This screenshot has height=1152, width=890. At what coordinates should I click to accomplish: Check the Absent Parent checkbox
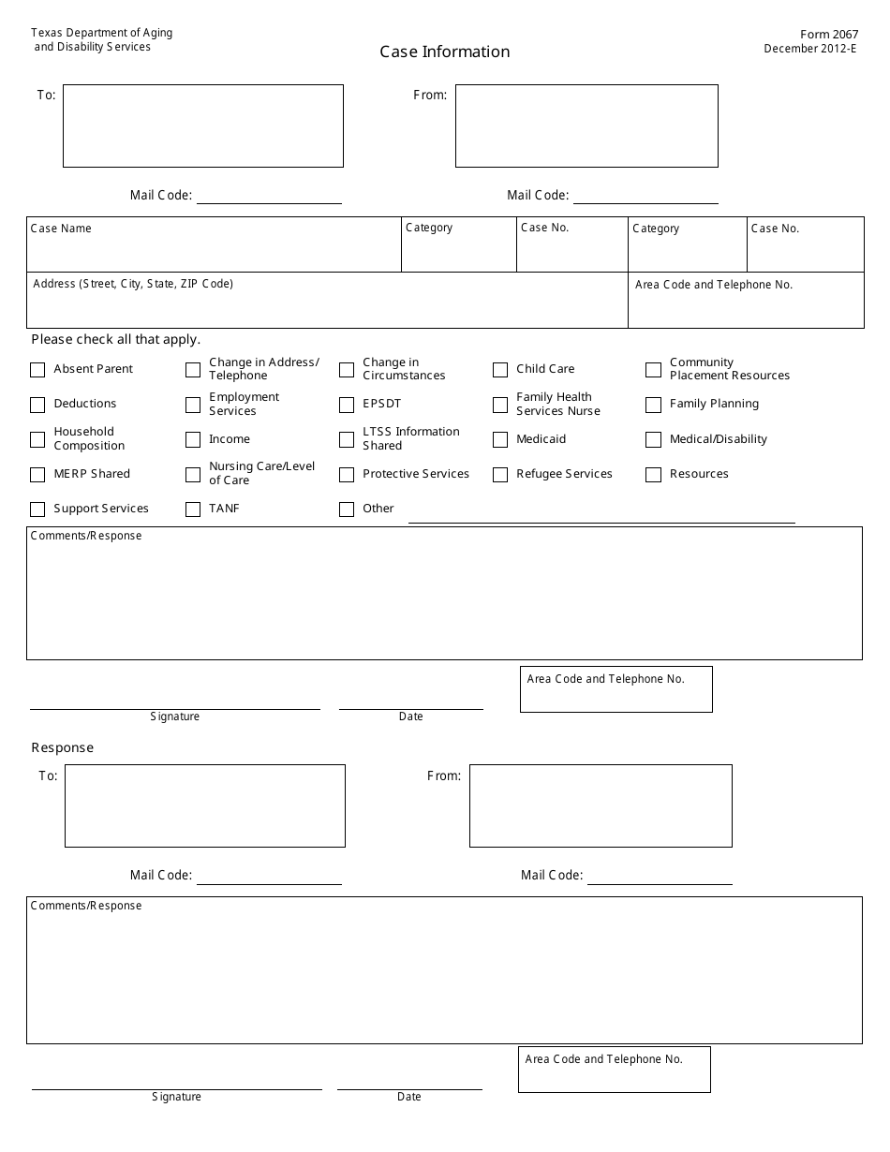pyautogui.click(x=37, y=370)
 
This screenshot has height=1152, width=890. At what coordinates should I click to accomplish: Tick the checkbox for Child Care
pyautogui.click(x=500, y=370)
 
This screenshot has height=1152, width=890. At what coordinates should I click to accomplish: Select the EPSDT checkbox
pyautogui.click(x=347, y=405)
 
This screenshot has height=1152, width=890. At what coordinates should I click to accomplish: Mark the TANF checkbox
pyautogui.click(x=193, y=510)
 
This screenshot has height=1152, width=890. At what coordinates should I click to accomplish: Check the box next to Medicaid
pyautogui.click(x=500, y=439)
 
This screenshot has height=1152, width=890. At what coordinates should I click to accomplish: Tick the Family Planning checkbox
pyautogui.click(x=653, y=405)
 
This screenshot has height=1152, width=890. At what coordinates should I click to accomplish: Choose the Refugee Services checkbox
pyautogui.click(x=500, y=475)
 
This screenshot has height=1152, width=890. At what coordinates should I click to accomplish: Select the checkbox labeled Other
pyautogui.click(x=347, y=510)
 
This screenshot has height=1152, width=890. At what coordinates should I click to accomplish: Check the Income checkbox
pyautogui.click(x=193, y=439)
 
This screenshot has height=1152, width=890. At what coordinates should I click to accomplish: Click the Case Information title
pyautogui.click(x=445, y=52)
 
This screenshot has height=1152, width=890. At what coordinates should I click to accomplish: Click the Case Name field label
pyautogui.click(x=61, y=229)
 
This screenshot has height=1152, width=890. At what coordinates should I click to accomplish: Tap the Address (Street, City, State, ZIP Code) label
pyautogui.click(x=133, y=284)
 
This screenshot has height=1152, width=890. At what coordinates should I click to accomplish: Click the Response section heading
pyautogui.click(x=63, y=747)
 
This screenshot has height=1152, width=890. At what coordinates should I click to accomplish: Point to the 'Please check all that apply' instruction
pyautogui.click(x=116, y=340)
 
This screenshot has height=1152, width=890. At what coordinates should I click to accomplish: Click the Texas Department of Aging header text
pyautogui.click(x=101, y=33)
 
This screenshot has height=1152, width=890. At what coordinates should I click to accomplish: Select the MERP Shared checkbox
pyautogui.click(x=37, y=475)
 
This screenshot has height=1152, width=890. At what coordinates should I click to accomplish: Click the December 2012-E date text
pyautogui.click(x=809, y=49)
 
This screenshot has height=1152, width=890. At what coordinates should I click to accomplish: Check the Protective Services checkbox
pyautogui.click(x=347, y=475)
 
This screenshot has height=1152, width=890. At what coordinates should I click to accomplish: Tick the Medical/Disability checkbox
pyautogui.click(x=653, y=439)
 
